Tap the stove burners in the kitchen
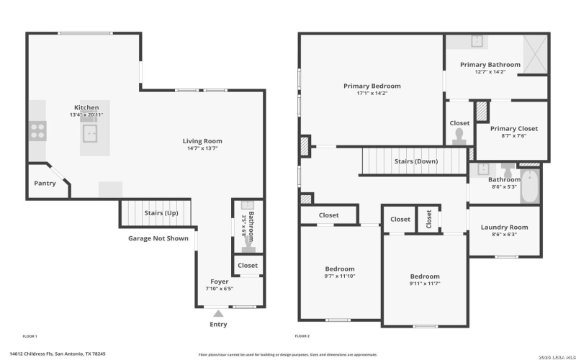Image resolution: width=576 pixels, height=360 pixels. click(37, 130)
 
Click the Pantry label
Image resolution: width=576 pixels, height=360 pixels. click(45, 184)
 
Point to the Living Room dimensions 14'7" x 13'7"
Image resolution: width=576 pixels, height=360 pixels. click(202, 149)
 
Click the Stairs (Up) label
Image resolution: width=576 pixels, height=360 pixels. click(161, 213)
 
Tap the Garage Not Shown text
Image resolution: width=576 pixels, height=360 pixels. click(158, 238)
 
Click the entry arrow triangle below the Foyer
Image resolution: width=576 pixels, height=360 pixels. click(218, 314)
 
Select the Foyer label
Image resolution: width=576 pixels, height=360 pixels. click(220, 282)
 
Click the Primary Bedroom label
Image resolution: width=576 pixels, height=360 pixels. click(372, 86)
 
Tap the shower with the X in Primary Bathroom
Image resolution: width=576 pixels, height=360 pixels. click(533, 55)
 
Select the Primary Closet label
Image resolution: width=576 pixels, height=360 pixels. click(513, 129)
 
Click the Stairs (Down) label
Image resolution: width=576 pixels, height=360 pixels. click(415, 161)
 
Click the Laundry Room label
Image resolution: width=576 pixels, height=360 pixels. click(504, 228)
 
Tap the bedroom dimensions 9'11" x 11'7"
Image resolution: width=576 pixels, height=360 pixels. click(425, 284)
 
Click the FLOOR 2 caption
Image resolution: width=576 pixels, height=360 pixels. click(302, 336)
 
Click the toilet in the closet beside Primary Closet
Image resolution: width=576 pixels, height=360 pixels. click(459, 138)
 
